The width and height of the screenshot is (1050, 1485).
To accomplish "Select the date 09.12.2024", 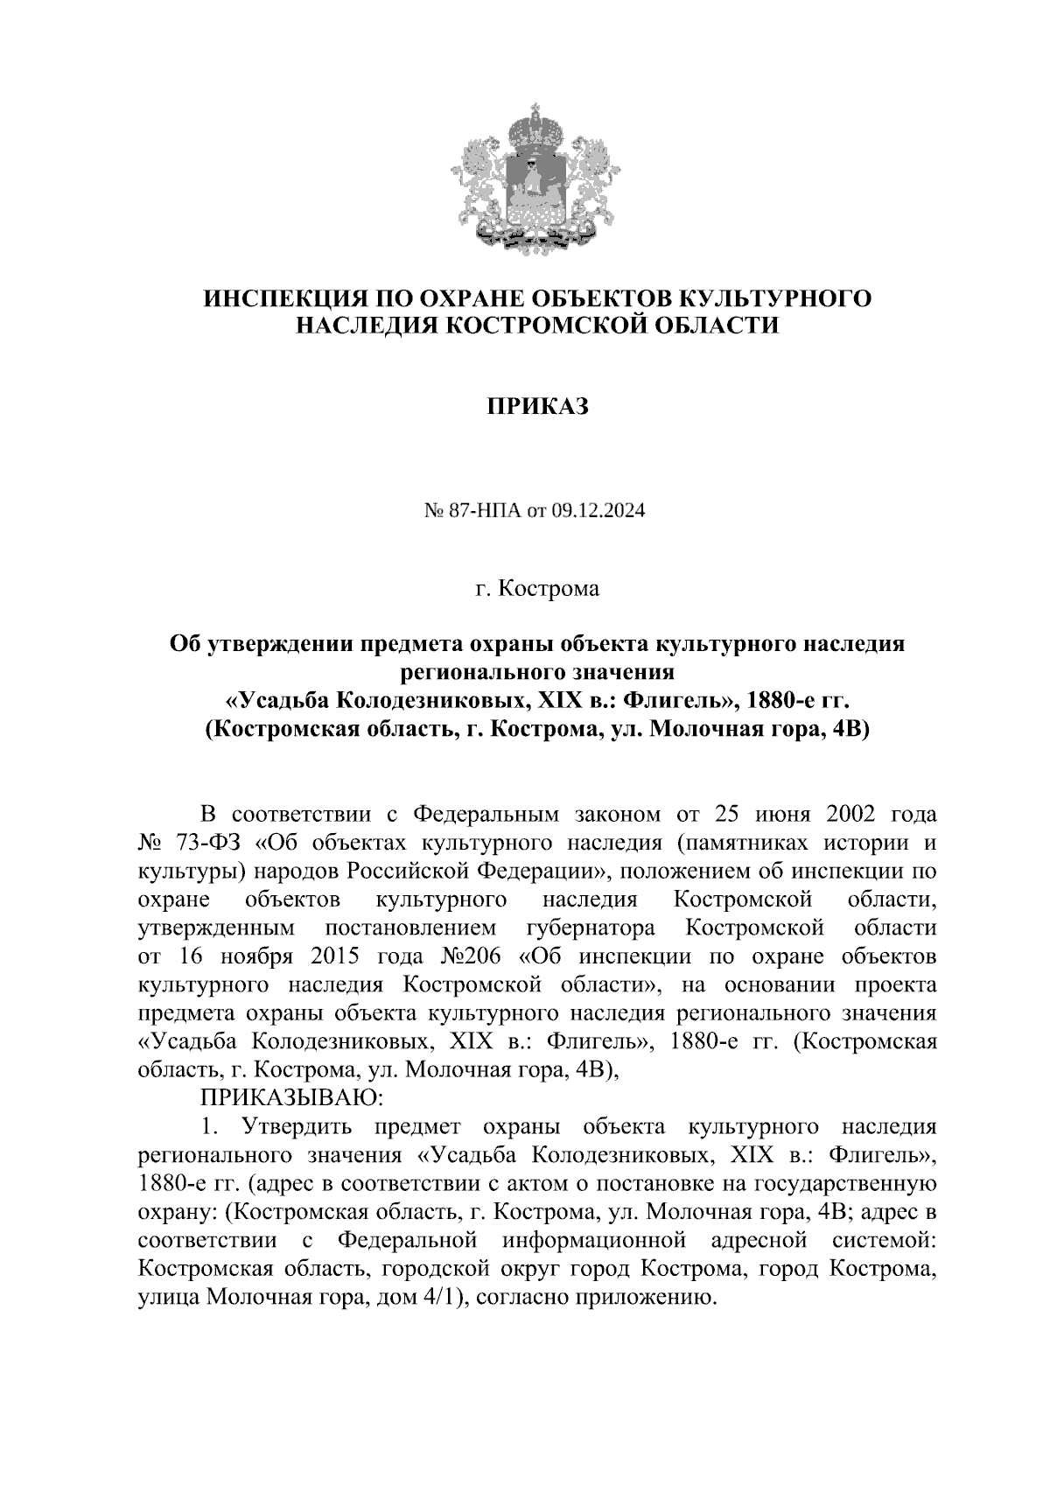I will click(598, 512).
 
